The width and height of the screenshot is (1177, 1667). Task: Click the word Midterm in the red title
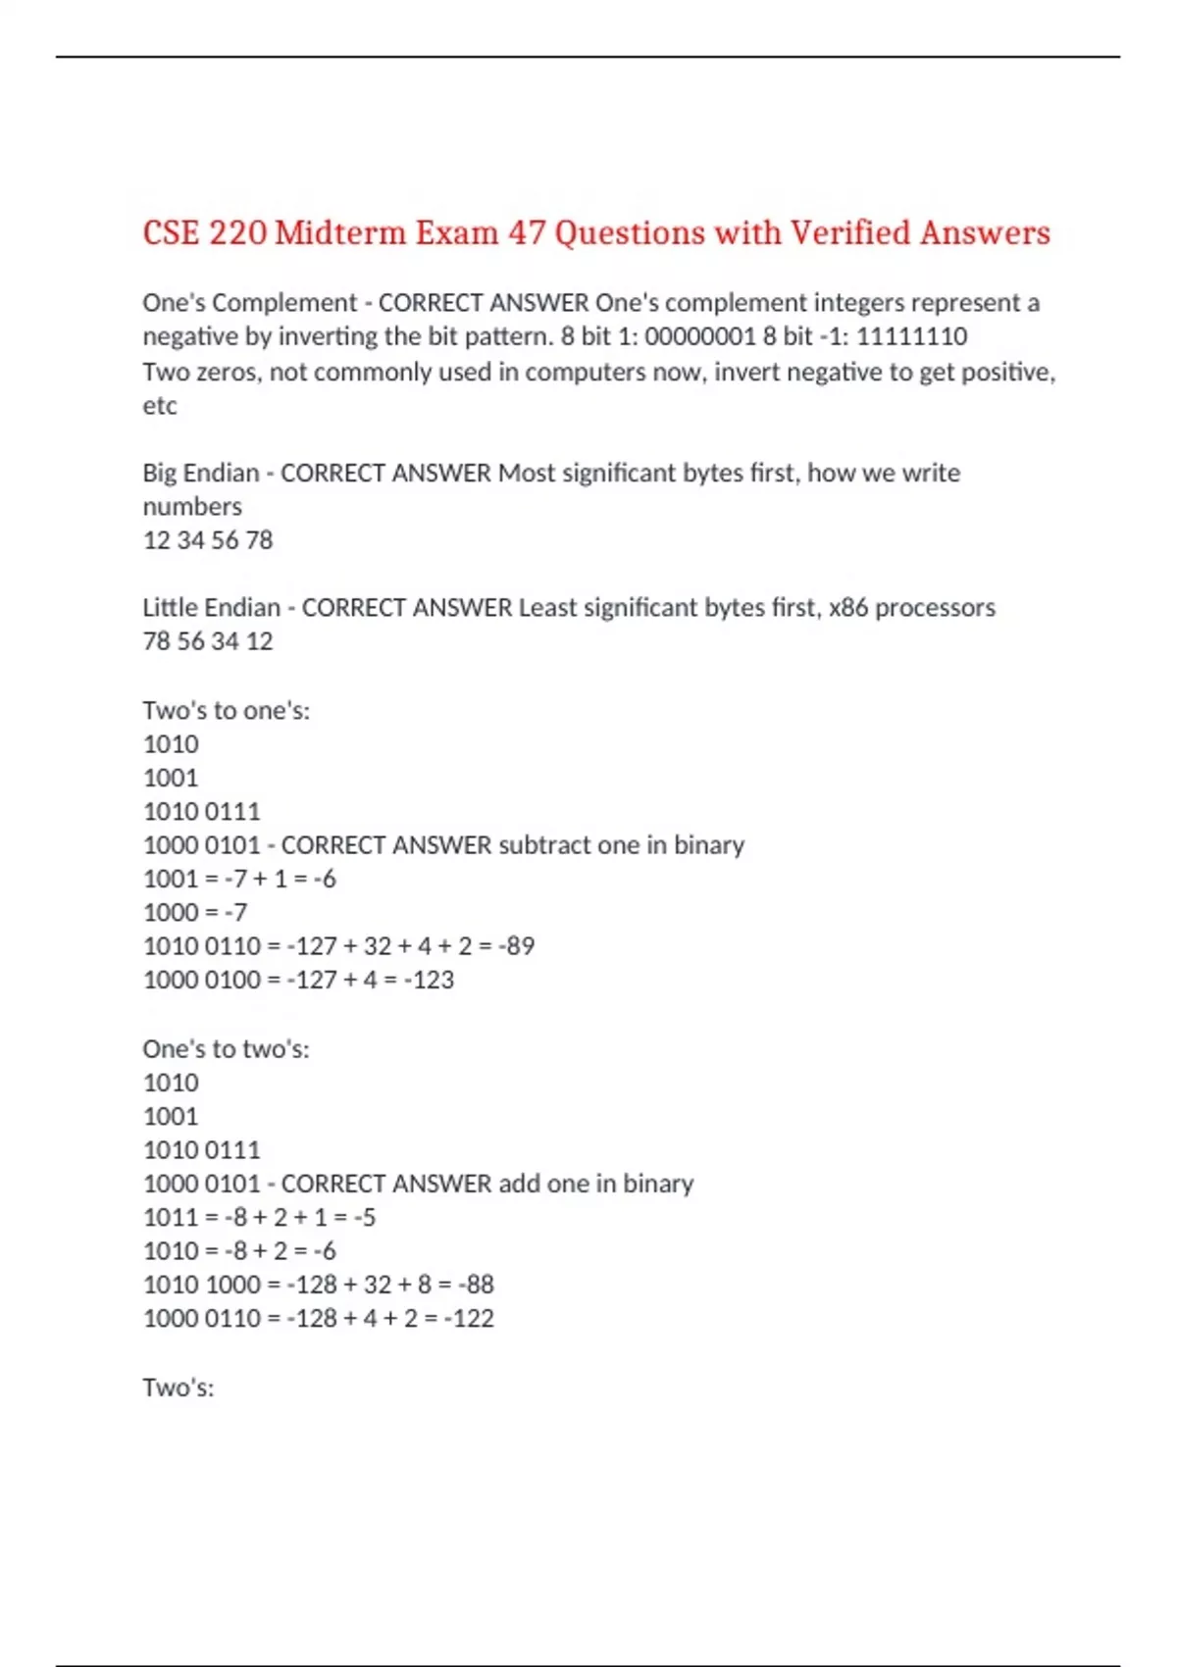point(340,233)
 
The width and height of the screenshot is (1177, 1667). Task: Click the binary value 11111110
point(912,336)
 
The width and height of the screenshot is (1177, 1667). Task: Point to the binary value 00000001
point(700,336)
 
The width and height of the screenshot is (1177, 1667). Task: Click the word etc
point(160,406)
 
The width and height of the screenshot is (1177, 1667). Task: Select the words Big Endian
point(201,473)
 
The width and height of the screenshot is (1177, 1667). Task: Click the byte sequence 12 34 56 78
point(208,540)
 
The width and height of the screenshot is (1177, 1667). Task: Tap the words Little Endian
point(212,608)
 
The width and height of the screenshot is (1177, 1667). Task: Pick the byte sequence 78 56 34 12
point(208,641)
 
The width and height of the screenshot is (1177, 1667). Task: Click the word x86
point(848,608)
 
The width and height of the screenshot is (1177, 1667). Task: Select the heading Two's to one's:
point(227,710)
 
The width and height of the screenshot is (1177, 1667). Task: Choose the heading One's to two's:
point(227,1049)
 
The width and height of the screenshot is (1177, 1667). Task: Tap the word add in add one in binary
point(520,1184)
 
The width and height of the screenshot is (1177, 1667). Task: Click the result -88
point(476,1285)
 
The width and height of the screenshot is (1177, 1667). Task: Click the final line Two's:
point(179,1388)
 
